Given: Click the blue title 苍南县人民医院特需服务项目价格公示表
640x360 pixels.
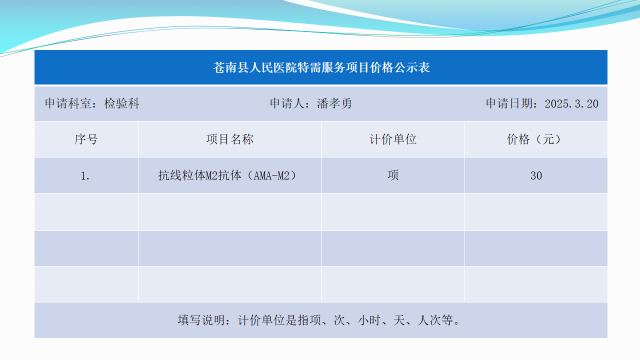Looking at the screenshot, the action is click(x=321, y=67).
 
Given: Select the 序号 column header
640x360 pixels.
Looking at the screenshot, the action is click(x=86, y=139).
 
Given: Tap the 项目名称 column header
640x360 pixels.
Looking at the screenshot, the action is click(x=229, y=139).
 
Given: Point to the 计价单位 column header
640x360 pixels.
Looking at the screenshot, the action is click(x=393, y=139).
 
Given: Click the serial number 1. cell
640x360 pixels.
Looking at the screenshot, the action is click(x=85, y=175).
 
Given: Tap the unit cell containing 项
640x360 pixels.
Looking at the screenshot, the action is click(x=393, y=175).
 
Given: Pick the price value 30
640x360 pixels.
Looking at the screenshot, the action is click(x=536, y=175).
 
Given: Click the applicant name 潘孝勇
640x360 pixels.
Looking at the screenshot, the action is click(x=334, y=103).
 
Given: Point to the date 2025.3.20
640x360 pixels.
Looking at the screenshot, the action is click(x=571, y=103).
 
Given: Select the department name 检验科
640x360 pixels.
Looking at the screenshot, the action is click(x=121, y=103).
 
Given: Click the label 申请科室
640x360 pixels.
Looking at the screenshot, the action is click(x=68, y=103).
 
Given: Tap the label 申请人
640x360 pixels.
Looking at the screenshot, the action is click(x=287, y=103).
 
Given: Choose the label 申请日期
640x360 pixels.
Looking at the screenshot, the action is click(x=509, y=103).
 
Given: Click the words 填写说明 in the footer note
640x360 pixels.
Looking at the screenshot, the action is click(x=201, y=320).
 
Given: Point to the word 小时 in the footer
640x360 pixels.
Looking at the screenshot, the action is click(x=369, y=320).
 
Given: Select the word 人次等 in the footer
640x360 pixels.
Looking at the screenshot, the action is click(x=435, y=320).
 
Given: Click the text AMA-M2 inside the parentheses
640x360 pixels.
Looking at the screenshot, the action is click(x=271, y=175).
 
